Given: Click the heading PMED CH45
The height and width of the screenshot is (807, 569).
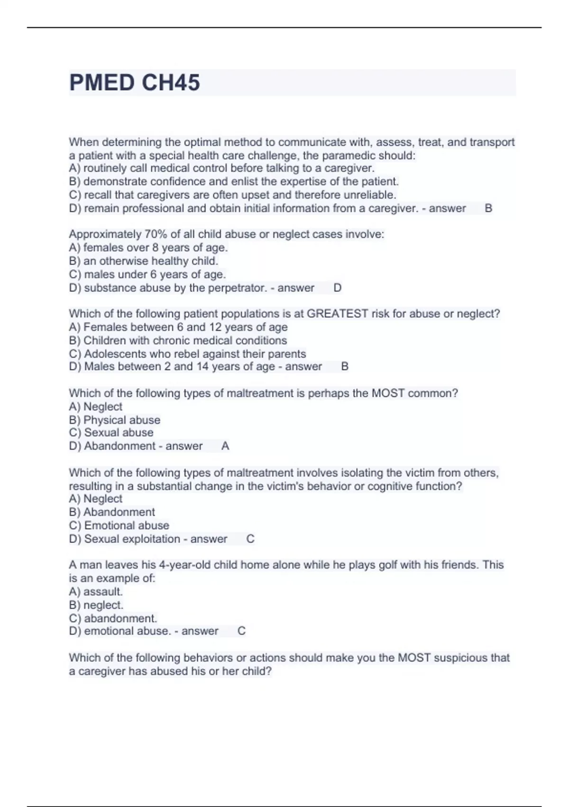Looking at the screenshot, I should (135, 83).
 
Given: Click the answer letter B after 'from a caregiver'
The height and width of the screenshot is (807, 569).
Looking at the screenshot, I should (488, 208).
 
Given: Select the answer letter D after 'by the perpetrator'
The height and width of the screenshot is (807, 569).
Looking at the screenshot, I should (338, 288).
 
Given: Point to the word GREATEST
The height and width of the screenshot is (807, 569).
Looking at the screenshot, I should (338, 314).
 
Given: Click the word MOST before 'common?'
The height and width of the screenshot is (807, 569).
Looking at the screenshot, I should (388, 394).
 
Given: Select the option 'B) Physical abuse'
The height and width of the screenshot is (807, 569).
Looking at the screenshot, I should (115, 420).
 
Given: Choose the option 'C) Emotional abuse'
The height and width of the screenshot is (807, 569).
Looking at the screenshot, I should (119, 525).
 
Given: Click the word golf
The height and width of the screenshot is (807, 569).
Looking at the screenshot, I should (388, 565).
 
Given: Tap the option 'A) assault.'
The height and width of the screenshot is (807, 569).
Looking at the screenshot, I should (96, 592).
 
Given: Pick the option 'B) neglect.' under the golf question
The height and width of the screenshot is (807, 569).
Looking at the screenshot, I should (96, 605).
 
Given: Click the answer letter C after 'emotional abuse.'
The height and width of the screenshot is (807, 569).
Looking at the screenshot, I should (241, 631).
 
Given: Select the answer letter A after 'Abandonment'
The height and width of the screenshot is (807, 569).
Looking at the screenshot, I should (225, 446).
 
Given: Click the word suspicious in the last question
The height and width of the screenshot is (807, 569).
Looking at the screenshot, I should (459, 658).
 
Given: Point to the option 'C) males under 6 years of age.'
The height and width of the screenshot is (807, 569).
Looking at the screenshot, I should (147, 274).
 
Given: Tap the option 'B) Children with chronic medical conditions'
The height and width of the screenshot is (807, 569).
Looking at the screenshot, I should (178, 341).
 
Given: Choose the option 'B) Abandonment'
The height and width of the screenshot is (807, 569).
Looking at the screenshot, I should (112, 512).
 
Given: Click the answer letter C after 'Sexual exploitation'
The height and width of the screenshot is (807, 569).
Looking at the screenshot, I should (250, 539).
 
